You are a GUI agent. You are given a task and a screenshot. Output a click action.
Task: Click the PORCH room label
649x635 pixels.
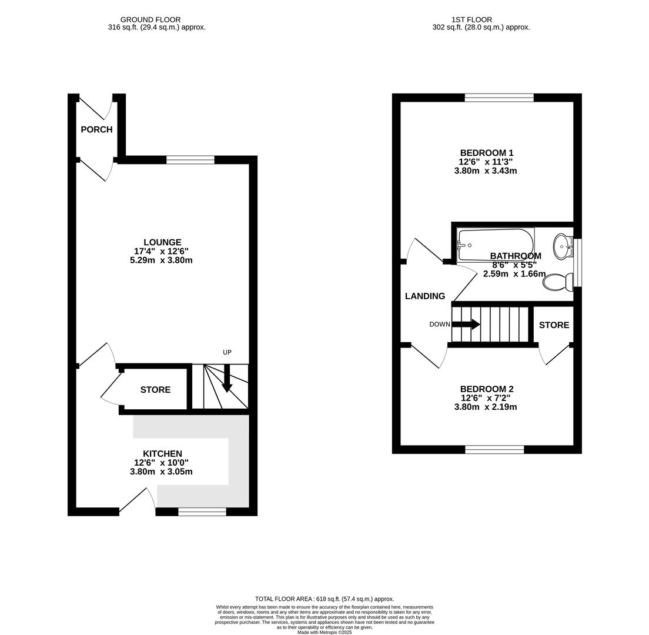[x=96, y=129]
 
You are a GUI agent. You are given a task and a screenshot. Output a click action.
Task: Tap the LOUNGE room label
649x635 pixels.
[x=162, y=242]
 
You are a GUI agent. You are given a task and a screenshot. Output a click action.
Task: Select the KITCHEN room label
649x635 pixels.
[x=162, y=453]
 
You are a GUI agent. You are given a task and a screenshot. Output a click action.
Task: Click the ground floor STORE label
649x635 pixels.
[x=155, y=390]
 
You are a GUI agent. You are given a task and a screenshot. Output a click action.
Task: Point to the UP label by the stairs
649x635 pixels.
[x=227, y=352]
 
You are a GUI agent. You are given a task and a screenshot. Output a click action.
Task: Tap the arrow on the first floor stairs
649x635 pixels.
[x=466, y=324]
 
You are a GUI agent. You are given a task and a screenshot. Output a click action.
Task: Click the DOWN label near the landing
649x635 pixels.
[x=439, y=325]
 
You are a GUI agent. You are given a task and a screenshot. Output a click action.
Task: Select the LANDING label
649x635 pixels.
[x=424, y=296]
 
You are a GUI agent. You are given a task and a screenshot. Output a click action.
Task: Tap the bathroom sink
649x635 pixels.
[x=562, y=246]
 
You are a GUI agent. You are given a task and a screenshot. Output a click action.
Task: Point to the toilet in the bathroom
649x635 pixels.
[x=557, y=282]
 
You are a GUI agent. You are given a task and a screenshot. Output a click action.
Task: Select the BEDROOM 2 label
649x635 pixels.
[x=486, y=389]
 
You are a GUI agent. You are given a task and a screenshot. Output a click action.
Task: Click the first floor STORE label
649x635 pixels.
[x=554, y=325]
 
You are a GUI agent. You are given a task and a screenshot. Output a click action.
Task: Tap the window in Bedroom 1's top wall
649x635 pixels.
[x=499, y=98]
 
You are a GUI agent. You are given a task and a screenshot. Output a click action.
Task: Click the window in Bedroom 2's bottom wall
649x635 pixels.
[x=494, y=450]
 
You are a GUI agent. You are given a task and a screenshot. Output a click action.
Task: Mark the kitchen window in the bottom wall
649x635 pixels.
[x=202, y=512]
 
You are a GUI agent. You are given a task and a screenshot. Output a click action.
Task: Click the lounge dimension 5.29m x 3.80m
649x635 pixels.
[x=161, y=260]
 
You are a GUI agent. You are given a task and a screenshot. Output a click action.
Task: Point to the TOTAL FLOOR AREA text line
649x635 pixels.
[x=324, y=599]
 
